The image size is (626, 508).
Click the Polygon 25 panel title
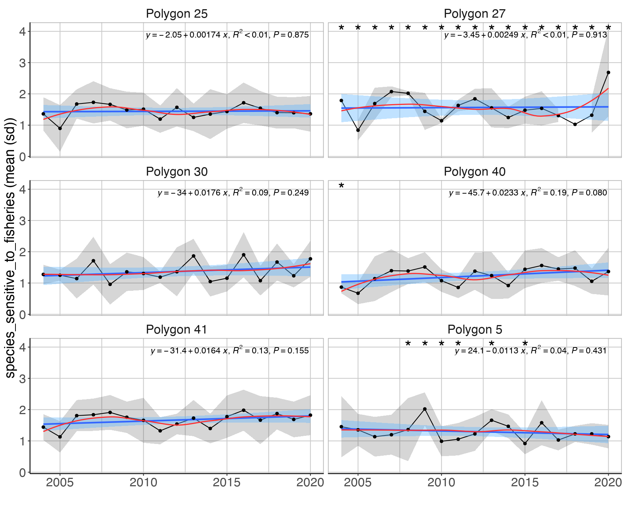point(177,14)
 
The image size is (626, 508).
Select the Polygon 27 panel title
point(474,14)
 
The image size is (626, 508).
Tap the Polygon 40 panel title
point(474,172)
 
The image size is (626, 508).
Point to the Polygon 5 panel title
point(474,330)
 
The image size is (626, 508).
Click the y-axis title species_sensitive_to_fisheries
point(10,247)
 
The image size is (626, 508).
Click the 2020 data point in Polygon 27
point(608,73)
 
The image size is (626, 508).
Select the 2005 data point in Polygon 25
point(60,128)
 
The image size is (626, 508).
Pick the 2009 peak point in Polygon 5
point(425,409)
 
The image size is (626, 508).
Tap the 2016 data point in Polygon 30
point(243,255)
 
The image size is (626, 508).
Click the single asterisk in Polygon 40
point(341,186)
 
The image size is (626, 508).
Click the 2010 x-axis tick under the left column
point(144,482)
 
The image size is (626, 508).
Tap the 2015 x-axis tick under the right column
point(525,482)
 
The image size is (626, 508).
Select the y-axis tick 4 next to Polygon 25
point(23,32)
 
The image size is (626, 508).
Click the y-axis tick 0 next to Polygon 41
point(23,472)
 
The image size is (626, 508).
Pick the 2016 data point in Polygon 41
point(243,410)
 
